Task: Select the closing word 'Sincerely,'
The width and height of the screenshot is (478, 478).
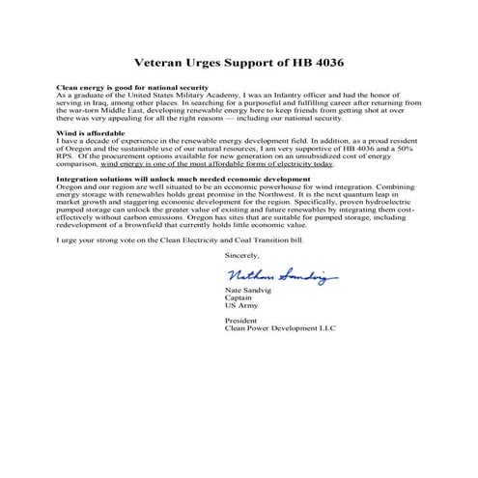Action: coord(240,256)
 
